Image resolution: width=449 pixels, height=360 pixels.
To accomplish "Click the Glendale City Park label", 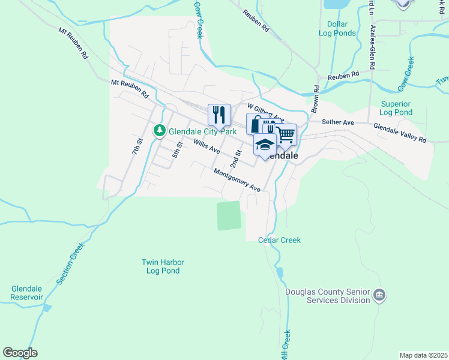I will [202, 130].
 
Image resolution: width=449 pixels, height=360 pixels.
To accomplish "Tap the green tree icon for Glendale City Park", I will [159, 130].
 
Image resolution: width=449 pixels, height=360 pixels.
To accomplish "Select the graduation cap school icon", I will [265, 144].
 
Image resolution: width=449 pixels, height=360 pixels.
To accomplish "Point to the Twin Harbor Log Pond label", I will [163, 266].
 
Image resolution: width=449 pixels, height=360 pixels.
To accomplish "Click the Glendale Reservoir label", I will [27, 293].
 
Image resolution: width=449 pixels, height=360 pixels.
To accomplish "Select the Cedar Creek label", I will [279, 240].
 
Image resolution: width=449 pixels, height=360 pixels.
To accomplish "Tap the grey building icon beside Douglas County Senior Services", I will [379, 295].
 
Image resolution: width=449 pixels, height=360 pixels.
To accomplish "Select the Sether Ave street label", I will [338, 122].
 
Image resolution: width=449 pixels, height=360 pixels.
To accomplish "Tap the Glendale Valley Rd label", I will [399, 133].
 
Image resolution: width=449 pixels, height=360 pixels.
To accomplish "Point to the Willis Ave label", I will [207, 146].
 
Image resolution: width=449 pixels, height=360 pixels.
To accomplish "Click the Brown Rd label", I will [315, 97].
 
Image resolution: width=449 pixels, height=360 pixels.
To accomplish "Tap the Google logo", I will [20, 353].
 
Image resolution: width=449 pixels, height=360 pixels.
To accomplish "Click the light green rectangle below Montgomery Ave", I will [229, 215].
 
